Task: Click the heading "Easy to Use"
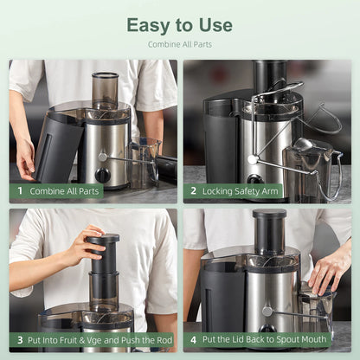pyautogui.click(x=179, y=24)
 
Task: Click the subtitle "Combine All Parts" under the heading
pyautogui.click(x=179, y=44)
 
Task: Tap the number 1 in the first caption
pyautogui.click(x=20, y=190)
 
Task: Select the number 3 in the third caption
pyautogui.click(x=20, y=340)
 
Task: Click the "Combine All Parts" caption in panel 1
pyautogui.click(x=65, y=190)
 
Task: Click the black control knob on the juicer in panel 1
pyautogui.click(x=102, y=175)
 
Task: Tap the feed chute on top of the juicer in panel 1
pyautogui.click(x=105, y=89)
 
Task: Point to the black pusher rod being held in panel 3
pyautogui.click(x=104, y=255)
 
